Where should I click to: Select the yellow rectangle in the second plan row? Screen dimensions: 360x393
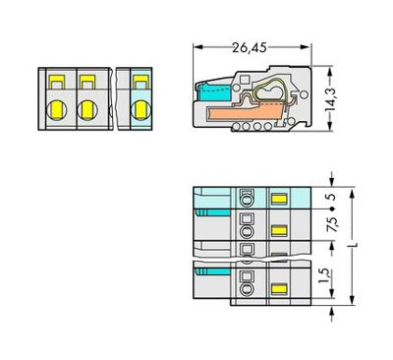[x=277, y=230]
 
